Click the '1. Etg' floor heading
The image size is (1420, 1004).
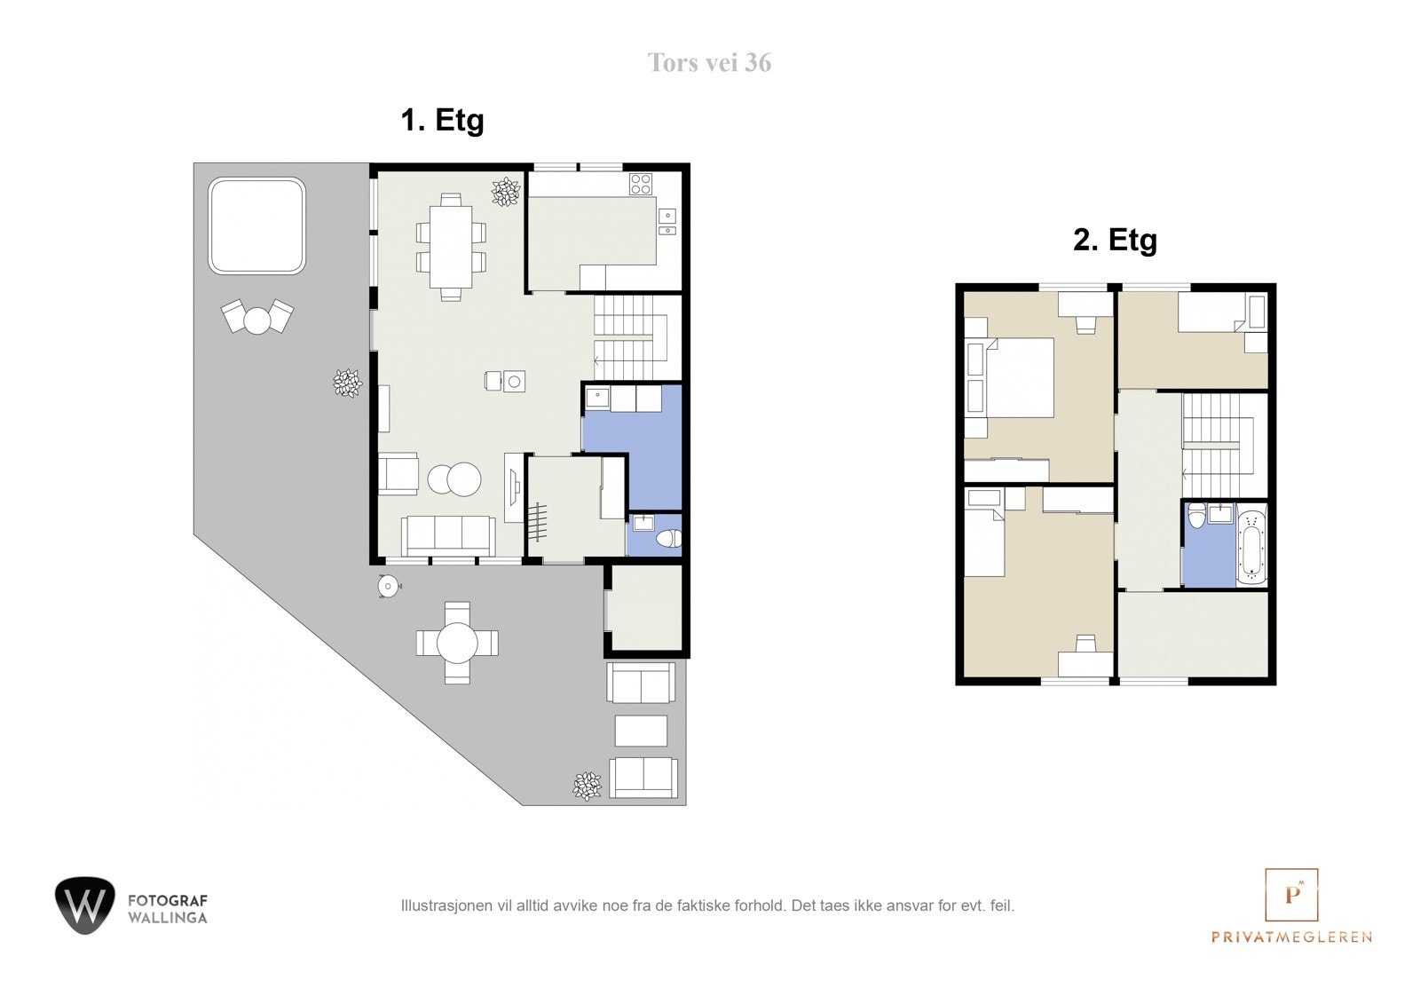pyautogui.click(x=442, y=121)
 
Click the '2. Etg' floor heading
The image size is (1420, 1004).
pyautogui.click(x=1115, y=241)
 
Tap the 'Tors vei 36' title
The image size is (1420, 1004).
pyautogui.click(x=709, y=63)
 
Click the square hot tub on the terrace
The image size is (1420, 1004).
pyautogui.click(x=256, y=225)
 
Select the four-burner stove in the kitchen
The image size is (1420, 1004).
pyautogui.click(x=640, y=184)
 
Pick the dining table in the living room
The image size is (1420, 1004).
pyautogui.click(x=451, y=247)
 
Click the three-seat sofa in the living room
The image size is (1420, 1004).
pyautogui.click(x=449, y=536)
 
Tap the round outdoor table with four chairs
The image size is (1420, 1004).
pyautogui.click(x=457, y=643)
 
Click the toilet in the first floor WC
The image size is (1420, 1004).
pyautogui.click(x=669, y=539)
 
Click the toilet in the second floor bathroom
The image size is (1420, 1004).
pyautogui.click(x=1196, y=515)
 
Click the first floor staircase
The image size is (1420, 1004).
pyautogui.click(x=631, y=337)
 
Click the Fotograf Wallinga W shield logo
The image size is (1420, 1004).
pyautogui.click(x=85, y=905)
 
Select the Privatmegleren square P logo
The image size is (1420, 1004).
pyautogui.click(x=1291, y=894)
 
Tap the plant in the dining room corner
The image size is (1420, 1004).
pyautogui.click(x=506, y=192)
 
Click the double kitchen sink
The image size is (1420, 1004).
pyautogui.click(x=667, y=222)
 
